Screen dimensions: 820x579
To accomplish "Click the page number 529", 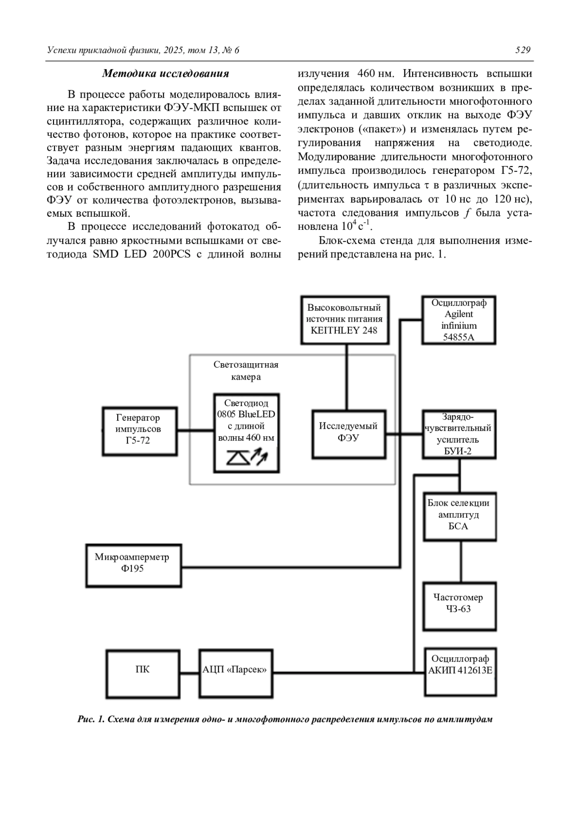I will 523,50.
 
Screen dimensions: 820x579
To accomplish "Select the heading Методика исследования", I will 165,74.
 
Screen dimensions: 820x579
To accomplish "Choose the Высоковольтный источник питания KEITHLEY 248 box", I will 345,320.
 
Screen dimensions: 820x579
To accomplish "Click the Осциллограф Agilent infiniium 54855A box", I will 458,320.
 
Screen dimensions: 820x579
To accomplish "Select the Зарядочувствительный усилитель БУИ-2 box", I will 458,434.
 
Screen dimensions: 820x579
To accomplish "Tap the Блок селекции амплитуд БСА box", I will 459,516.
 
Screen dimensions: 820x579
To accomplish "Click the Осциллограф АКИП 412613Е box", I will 460,671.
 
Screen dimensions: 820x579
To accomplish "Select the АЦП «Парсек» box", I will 235,673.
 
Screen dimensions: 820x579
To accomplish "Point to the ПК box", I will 143,673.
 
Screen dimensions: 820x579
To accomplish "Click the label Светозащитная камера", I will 246,370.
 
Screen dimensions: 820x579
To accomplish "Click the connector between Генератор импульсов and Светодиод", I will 195,429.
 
